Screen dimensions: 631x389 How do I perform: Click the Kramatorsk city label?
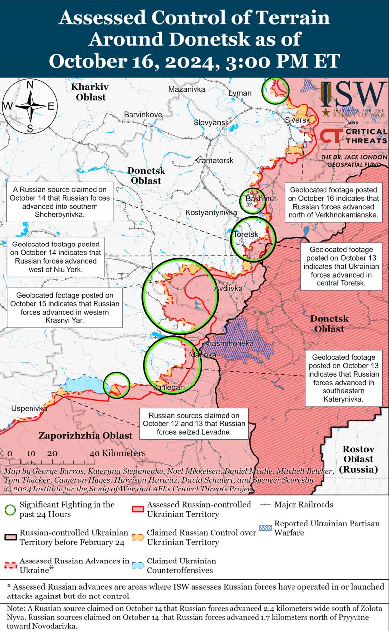coord(213,161)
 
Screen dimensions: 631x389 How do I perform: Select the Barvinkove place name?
coord(143,115)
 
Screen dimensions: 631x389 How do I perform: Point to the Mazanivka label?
coord(187,90)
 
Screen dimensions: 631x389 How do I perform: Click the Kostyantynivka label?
coord(211,212)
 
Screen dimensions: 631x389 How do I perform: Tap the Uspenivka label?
coord(30,409)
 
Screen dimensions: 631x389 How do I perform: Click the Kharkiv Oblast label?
coord(90,92)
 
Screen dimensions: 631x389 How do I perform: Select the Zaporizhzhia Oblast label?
coord(85,435)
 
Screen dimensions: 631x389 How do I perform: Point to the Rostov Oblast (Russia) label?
coord(358,459)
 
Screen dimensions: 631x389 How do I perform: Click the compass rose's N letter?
coord(30,85)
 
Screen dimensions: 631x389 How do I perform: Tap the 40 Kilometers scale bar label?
coord(118,453)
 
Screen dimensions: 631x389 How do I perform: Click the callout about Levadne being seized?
coord(194,423)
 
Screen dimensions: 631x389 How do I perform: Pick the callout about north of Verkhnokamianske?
coord(333,203)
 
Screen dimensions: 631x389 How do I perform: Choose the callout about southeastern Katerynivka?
coord(344,378)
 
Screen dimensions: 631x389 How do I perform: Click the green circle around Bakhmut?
coord(252,201)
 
